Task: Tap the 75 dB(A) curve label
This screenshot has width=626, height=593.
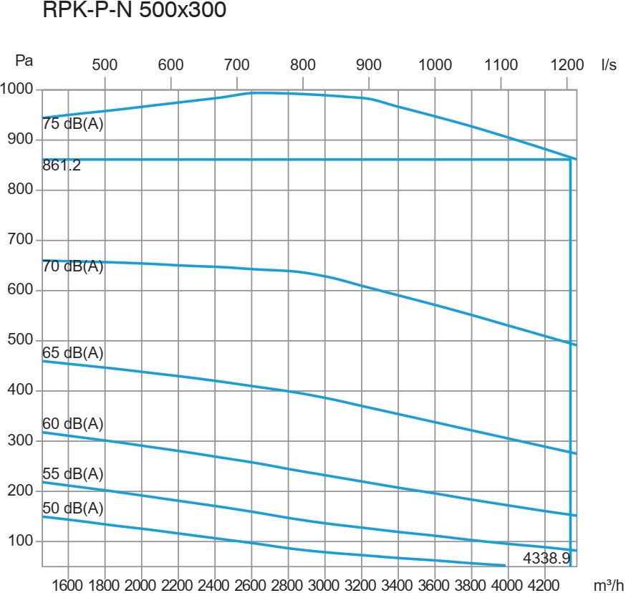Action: pos(73,123)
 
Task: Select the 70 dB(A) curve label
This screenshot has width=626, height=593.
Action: pos(73,267)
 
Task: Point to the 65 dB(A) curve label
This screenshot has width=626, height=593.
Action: pos(73,352)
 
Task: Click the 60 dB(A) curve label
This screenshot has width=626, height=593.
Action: pos(73,424)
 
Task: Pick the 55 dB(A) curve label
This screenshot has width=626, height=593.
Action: pos(73,474)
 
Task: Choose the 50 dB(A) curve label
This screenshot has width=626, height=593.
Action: pos(73,508)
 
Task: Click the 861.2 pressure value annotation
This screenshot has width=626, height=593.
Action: pos(62,166)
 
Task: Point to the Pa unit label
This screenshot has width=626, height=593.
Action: pos(25,62)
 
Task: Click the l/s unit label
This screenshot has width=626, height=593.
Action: pos(609,64)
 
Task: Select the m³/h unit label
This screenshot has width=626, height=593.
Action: pos(609,584)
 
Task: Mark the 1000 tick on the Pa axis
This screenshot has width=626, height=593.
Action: pos(17,90)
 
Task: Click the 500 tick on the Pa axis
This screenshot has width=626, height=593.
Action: pos(21,340)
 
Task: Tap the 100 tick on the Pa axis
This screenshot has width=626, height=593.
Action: pos(21,541)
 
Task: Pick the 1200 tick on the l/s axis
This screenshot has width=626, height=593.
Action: pos(567,64)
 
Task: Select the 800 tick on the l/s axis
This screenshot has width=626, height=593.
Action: pos(303,64)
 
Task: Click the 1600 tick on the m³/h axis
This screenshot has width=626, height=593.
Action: pos(67,584)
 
